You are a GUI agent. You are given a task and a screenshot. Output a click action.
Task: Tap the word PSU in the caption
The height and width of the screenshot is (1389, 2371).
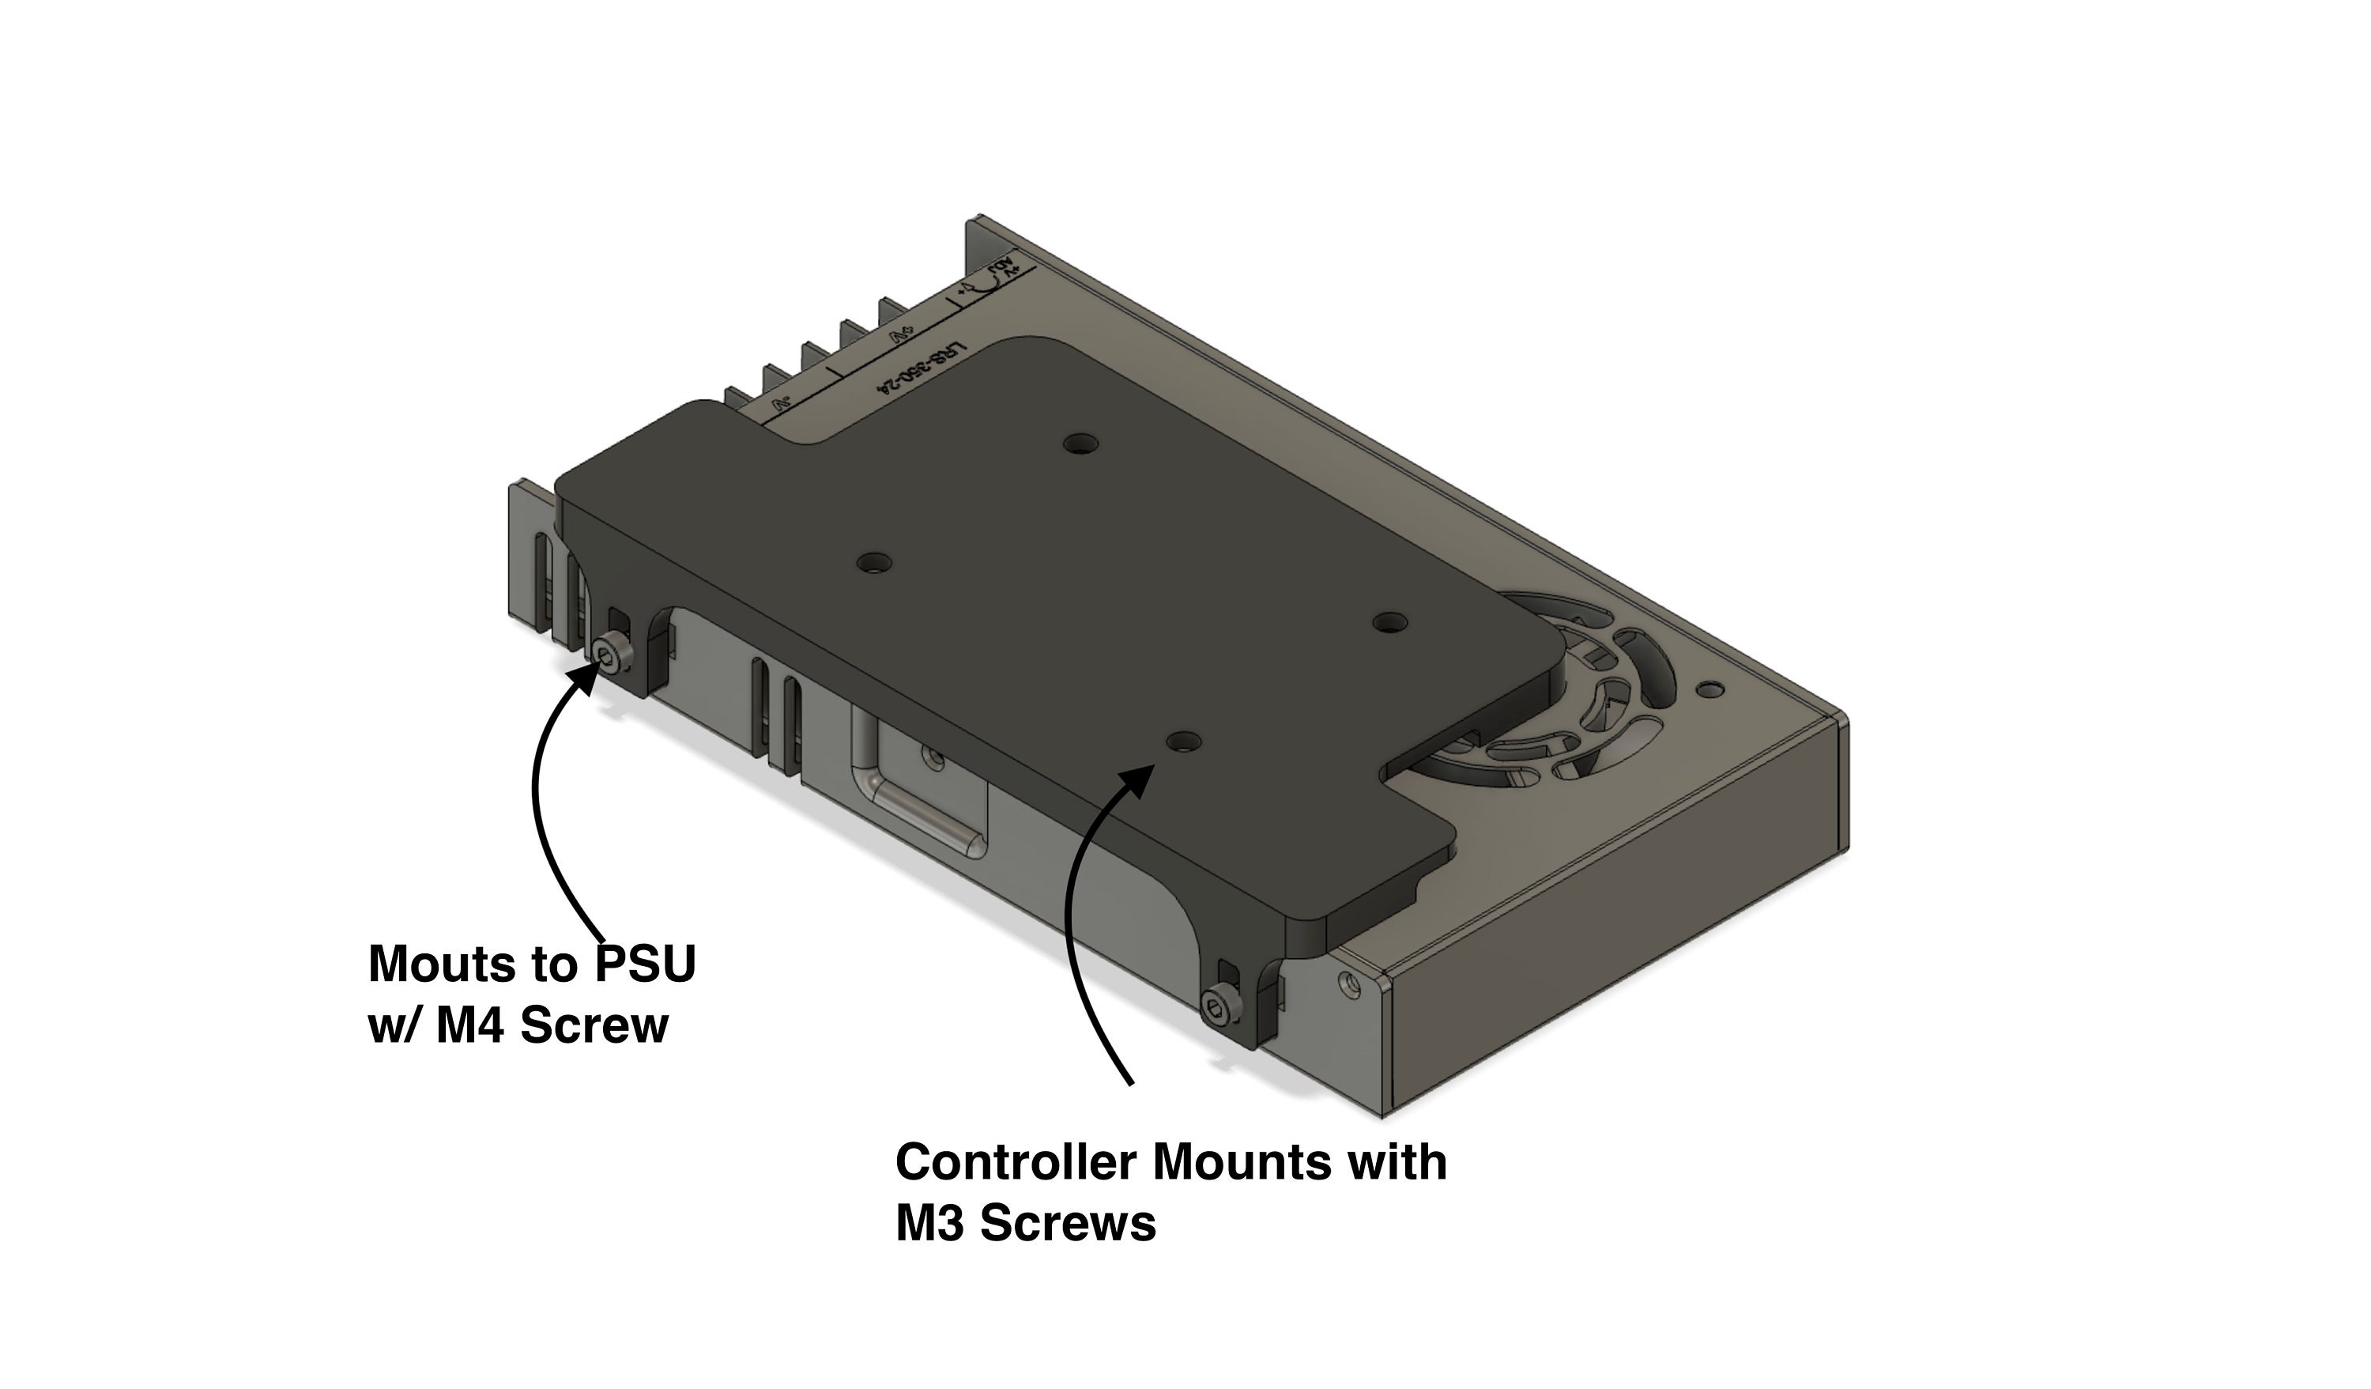pyautogui.click(x=646, y=964)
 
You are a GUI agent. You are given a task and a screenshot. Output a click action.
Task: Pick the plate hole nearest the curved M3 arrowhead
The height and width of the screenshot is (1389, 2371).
pyautogui.click(x=1182, y=742)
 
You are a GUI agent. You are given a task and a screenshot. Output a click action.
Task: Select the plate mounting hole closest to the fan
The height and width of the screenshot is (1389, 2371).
pyautogui.click(x=1389, y=622)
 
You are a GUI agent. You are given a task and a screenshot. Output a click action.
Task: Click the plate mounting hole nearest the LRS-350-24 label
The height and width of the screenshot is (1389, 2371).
pyautogui.click(x=1081, y=442)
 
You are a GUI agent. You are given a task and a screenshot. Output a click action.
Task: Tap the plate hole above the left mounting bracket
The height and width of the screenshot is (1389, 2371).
pyautogui.click(x=874, y=564)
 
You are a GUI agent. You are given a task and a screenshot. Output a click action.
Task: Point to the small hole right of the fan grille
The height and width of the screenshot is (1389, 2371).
pyautogui.click(x=1713, y=690)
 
